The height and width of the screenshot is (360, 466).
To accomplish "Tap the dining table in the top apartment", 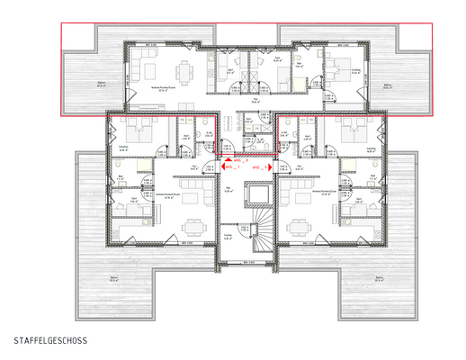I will click(185, 70).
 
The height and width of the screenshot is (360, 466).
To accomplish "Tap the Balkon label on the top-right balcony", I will click(388, 86).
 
